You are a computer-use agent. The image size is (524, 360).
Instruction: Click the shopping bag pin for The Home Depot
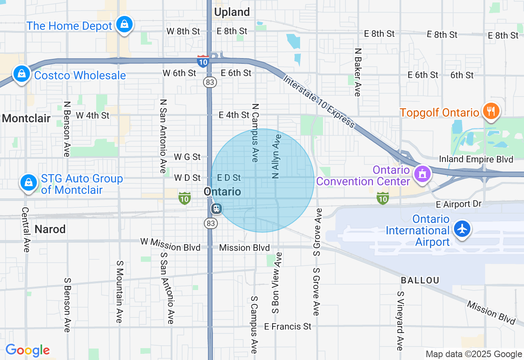pos(124,25)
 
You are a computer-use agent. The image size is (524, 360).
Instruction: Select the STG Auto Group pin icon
pos(29,182)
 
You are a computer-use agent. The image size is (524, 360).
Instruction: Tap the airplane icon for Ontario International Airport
pos(463,228)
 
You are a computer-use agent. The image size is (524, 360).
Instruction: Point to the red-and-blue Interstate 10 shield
pos(203,61)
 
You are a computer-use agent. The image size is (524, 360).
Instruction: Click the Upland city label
pos(232,12)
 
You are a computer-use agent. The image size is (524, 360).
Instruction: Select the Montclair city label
pos(26,118)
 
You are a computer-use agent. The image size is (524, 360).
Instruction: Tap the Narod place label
pos(50,229)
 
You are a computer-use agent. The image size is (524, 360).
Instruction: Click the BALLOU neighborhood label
pos(420,280)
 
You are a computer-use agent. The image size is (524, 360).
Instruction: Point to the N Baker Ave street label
pos(358,72)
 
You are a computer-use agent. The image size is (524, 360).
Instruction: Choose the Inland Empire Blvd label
pos(476,159)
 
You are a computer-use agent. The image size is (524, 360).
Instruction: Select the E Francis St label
pos(287,326)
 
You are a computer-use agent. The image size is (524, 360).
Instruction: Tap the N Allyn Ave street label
pos(276,156)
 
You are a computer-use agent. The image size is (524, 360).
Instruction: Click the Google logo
pos(27,350)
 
